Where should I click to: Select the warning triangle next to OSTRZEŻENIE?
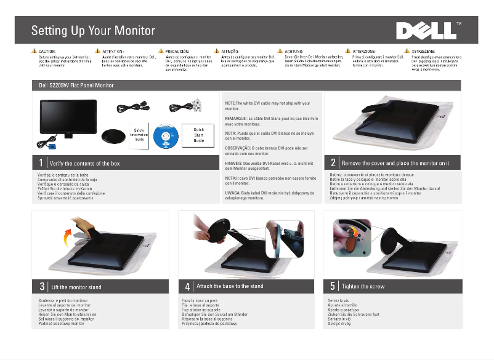(407, 51)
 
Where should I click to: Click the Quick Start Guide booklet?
(199, 135)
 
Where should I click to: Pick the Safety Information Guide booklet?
(139, 134)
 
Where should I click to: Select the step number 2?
(333, 163)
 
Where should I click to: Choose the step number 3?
(41, 287)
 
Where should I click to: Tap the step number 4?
(187, 287)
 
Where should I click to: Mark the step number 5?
(333, 287)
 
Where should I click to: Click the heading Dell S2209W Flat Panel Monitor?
(77, 85)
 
